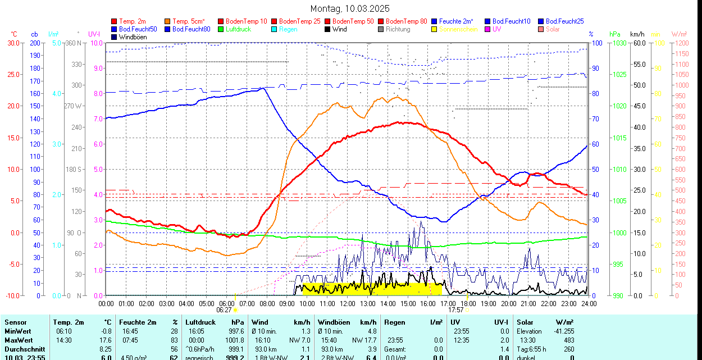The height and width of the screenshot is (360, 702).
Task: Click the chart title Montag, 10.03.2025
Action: (350, 9)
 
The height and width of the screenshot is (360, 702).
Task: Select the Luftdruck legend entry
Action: (235, 29)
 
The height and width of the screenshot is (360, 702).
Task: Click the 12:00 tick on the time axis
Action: (348, 303)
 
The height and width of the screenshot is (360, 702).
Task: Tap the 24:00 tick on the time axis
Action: (588, 303)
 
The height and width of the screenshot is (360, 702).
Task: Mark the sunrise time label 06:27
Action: (224, 309)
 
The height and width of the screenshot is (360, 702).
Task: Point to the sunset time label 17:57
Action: (455, 309)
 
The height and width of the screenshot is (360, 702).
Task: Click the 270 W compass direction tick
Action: (74, 106)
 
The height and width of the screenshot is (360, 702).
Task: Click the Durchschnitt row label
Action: (25, 349)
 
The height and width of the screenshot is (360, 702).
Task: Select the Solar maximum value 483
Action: (568, 340)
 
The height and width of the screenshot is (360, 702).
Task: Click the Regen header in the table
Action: (395, 322)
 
